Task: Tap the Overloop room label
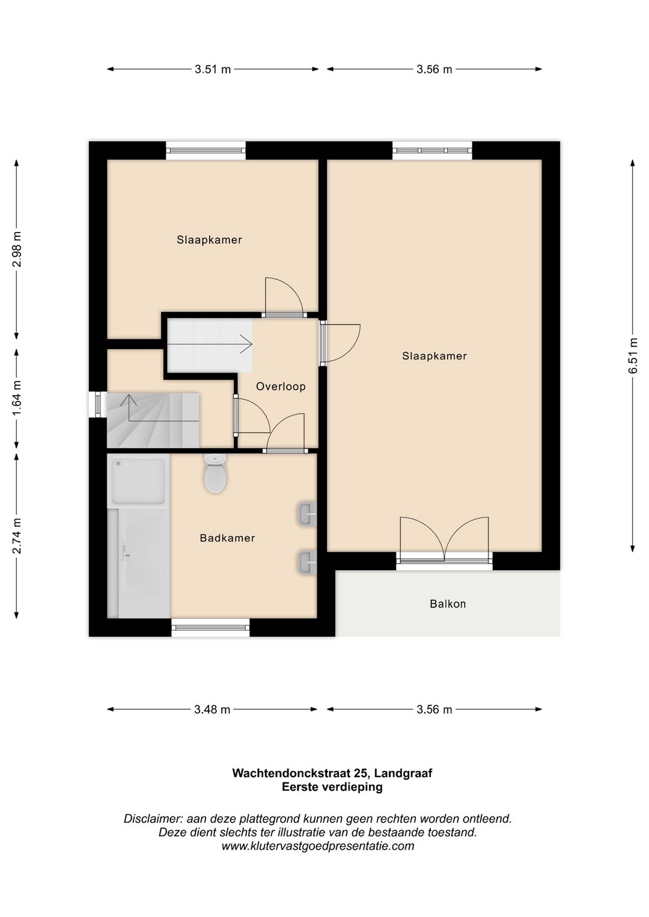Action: coord(281,386)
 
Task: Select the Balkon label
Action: coord(448,604)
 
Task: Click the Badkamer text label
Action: coord(227,538)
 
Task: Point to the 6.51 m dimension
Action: coord(633,355)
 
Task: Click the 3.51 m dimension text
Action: coord(213,69)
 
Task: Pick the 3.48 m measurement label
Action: coord(212,710)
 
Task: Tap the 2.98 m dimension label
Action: coord(17,249)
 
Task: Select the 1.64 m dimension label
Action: coord(17,398)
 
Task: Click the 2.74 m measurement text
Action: coord(17,535)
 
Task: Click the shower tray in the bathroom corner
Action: coord(138,481)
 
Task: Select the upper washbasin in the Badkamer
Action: coord(306,514)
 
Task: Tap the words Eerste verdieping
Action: coord(332,787)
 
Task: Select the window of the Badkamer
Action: coord(210,627)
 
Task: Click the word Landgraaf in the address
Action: coord(403,773)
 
